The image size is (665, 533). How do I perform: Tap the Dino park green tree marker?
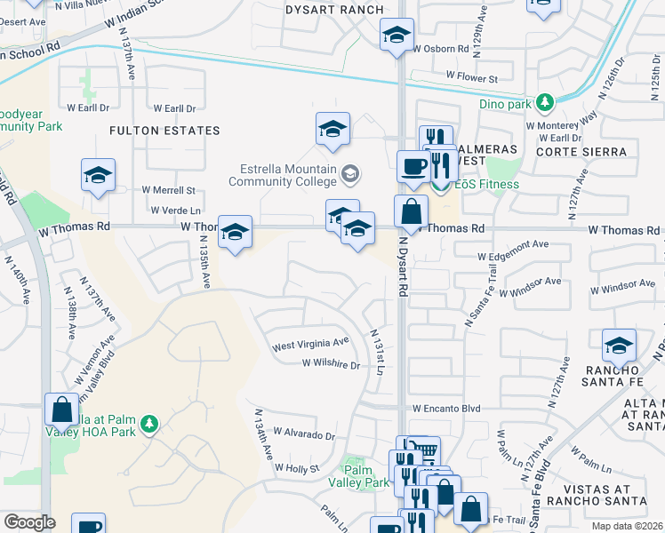[x=546, y=103]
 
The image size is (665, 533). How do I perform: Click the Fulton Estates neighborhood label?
[x=164, y=131]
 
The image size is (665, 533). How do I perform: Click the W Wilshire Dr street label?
[x=331, y=363]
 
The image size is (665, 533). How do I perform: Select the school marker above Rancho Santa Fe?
[x=619, y=346]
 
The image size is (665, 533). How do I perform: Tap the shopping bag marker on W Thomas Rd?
[x=411, y=211]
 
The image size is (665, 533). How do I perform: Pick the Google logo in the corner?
[x=28, y=522]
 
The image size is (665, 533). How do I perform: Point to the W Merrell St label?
[x=168, y=190]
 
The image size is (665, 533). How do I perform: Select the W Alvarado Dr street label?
[x=304, y=435]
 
